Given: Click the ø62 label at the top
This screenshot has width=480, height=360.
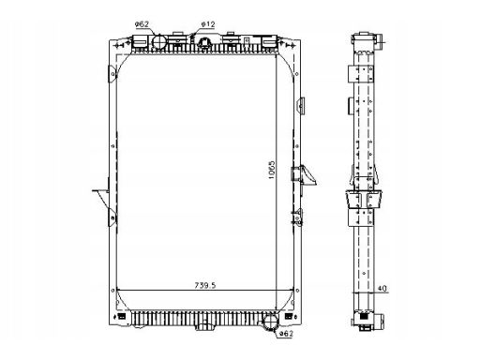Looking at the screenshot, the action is click(x=142, y=24).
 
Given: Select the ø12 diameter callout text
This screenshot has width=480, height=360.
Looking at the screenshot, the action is click(x=208, y=24).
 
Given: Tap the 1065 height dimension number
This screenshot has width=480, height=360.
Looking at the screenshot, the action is click(x=272, y=170).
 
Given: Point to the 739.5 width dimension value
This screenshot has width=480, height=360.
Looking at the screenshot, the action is click(x=205, y=285).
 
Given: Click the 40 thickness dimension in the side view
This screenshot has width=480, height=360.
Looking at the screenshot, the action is click(x=382, y=288).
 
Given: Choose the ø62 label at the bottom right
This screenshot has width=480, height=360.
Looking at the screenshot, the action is click(x=286, y=334).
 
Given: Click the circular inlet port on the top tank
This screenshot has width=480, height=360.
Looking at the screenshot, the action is click(x=159, y=42).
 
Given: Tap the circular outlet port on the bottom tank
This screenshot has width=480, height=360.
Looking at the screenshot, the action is click(x=271, y=322).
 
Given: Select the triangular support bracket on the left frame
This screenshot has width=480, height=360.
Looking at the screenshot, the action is click(x=101, y=200).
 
